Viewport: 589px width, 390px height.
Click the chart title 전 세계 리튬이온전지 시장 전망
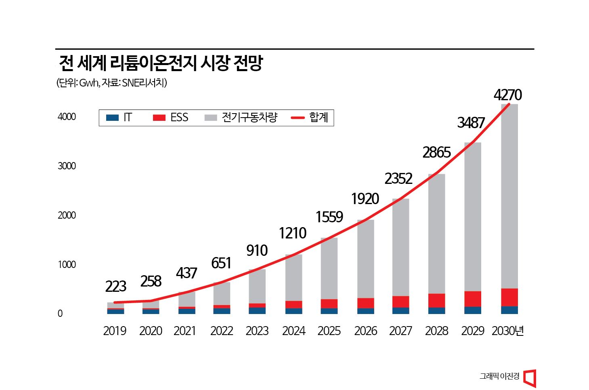pyautogui.click(x=161, y=63)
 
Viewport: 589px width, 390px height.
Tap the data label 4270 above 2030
pyautogui.click(x=507, y=95)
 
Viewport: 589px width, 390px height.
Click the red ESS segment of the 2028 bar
pyautogui.click(x=436, y=300)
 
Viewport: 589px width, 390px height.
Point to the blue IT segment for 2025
pyautogui.click(x=329, y=311)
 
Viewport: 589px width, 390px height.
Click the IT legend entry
pyautogui.click(x=119, y=118)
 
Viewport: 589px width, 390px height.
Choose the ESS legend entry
pyautogui.click(x=171, y=118)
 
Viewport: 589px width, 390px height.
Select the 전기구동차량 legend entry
pyautogui.click(x=241, y=118)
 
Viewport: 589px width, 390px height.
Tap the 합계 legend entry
pyautogui.click(x=310, y=118)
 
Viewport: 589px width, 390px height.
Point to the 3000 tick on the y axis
pyautogui.click(x=67, y=166)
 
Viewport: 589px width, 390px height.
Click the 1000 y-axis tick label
pyautogui.click(x=67, y=265)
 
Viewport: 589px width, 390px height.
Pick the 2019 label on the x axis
pyautogui.click(x=115, y=331)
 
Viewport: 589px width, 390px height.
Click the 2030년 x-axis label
pyautogui.click(x=507, y=331)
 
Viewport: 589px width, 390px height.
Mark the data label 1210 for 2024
pyautogui.click(x=293, y=233)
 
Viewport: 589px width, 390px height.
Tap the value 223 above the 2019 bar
pyautogui.click(x=115, y=287)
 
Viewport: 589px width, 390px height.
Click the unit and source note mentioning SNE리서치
pyautogui.click(x=111, y=83)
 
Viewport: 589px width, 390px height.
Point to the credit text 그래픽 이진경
pyautogui.click(x=499, y=376)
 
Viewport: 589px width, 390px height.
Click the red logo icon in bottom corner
pyautogui.click(x=530, y=378)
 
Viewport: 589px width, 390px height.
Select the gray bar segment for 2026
pyautogui.click(x=365, y=259)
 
